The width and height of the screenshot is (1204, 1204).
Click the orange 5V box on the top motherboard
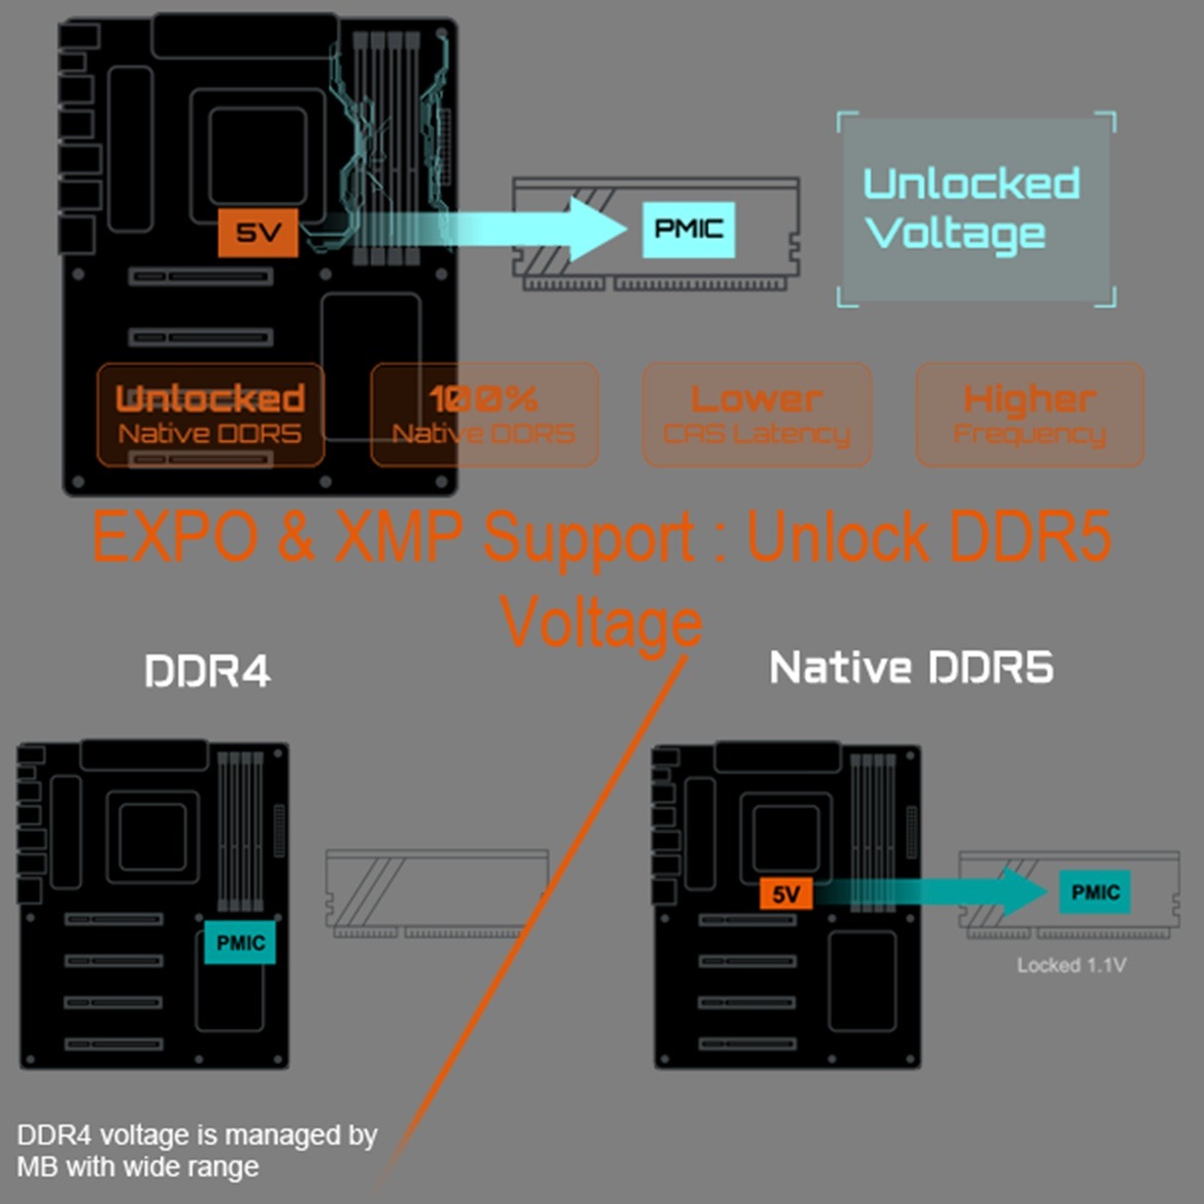258,232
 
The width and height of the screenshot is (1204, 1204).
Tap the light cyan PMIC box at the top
688,229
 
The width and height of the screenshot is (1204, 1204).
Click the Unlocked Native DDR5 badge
210,415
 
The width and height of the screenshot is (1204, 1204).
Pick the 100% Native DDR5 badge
484,415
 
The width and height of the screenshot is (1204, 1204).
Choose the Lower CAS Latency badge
757,415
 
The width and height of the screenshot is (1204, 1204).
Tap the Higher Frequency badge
1029,415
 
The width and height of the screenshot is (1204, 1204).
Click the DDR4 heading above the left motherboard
207,671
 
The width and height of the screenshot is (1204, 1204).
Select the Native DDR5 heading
911,667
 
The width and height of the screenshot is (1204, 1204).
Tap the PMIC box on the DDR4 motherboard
240,942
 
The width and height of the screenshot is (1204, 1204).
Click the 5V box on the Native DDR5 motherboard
785,895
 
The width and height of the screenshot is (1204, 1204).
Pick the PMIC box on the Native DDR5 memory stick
1095,893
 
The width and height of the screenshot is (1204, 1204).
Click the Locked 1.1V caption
1071,965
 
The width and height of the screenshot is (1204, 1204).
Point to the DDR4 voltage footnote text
196,1150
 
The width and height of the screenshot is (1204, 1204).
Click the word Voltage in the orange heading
601,623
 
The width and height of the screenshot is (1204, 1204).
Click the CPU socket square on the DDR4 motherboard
153,836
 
